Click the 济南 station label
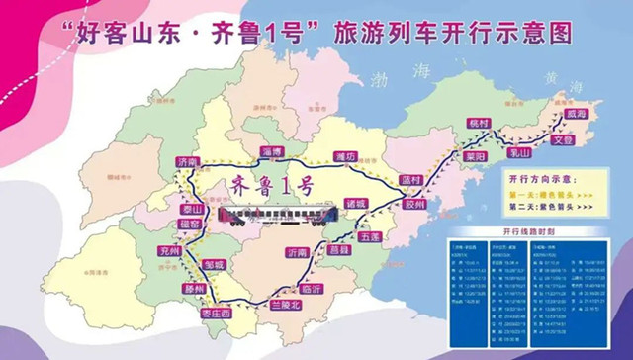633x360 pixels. [185, 161]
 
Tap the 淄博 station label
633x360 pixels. [272, 151]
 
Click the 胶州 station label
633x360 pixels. [415, 203]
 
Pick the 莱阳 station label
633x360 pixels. [475, 157]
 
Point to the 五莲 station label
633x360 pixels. [371, 237]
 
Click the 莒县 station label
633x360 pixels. [340, 251]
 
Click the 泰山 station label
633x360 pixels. [191, 209]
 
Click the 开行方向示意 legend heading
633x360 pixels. [541, 182]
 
